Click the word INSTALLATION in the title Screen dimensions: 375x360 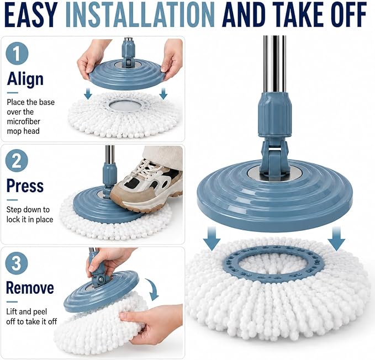coord(140,15)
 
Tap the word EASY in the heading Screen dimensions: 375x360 coord(31,15)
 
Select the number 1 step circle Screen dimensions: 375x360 coord(17,54)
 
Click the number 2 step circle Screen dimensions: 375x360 coord(17,160)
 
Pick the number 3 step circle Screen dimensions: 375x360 coord(17,263)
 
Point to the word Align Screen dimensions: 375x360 coord(25,80)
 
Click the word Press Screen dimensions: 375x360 coord(25,186)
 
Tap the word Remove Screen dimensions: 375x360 coord(30,288)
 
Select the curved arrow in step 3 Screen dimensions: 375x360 coord(153,289)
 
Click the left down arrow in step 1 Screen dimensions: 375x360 coord(88,94)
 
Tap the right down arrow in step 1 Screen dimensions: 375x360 coord(163,94)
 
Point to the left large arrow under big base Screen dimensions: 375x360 coord(212,239)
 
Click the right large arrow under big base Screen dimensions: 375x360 coord(336,239)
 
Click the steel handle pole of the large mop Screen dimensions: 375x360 coord(274,64)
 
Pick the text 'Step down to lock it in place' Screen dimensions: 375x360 coord(30,214)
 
